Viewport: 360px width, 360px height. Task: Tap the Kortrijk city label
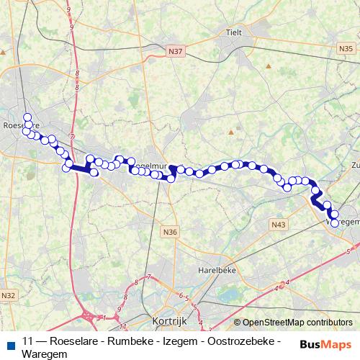(x=171, y=322)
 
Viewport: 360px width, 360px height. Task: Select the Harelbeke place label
(x=216, y=271)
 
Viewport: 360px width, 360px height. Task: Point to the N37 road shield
(x=175, y=52)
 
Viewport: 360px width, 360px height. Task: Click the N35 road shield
(x=345, y=48)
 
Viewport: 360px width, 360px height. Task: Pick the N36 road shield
(x=170, y=232)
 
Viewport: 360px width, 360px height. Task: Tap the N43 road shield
(x=279, y=225)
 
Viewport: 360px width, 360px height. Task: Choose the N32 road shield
(x=9, y=295)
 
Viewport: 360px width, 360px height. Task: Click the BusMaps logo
(x=325, y=344)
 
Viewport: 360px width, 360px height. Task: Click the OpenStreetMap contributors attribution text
(x=293, y=323)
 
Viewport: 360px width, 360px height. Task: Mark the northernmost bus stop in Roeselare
(x=27, y=117)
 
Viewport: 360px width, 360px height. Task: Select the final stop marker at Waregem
(x=334, y=222)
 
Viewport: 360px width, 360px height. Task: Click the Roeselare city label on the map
(x=19, y=125)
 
